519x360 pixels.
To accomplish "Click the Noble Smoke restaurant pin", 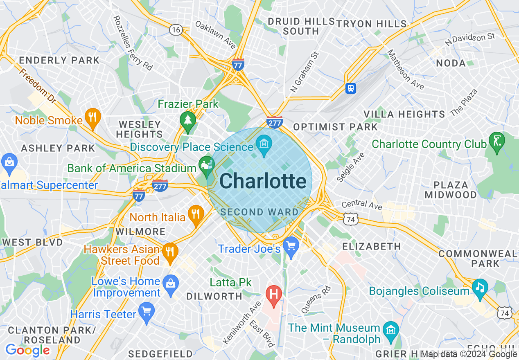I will [x=93, y=118].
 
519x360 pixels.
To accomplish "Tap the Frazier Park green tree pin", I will [x=188, y=121].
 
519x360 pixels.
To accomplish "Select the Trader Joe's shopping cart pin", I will [x=291, y=247].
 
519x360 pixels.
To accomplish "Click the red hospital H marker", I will [x=274, y=294].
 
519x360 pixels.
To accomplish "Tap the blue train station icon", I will [x=351, y=88].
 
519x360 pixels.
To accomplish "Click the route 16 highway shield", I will [x=176, y=29].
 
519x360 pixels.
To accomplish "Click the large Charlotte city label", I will [x=263, y=181].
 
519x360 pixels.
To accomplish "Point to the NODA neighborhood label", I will [x=451, y=63].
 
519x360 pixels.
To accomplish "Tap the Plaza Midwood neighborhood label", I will [x=451, y=190].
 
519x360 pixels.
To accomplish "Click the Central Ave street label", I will [x=361, y=204].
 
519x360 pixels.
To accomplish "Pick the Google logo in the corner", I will [x=27, y=350].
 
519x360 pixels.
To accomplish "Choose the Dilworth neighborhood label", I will [x=214, y=296].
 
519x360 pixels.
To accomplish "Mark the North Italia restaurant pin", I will [x=196, y=214].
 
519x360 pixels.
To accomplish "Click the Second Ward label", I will [x=259, y=212].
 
